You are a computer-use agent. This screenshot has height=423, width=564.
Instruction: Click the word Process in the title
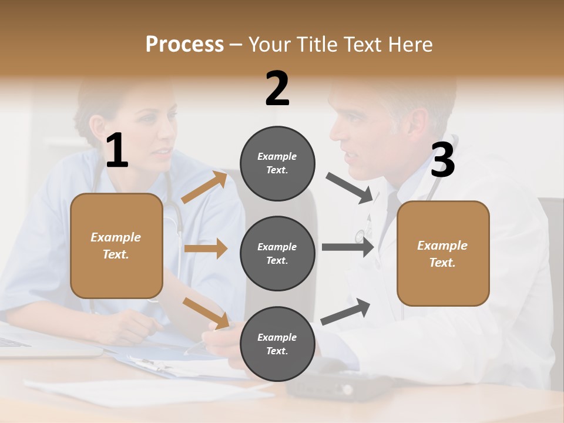(x=184, y=45)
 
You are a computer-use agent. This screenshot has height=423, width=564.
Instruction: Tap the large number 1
(x=117, y=151)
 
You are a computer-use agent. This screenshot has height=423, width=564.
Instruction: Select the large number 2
(x=277, y=89)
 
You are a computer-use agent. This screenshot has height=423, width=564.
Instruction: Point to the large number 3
(x=442, y=160)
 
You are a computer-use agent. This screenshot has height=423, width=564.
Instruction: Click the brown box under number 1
(x=116, y=246)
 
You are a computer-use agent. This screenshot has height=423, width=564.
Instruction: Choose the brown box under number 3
(x=443, y=253)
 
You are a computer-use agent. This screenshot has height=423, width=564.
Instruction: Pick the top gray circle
(x=277, y=163)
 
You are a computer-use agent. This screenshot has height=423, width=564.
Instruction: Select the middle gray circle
(x=277, y=253)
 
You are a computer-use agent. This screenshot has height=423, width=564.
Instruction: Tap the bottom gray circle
(x=277, y=344)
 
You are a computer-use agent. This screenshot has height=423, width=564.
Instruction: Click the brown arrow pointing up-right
(x=204, y=187)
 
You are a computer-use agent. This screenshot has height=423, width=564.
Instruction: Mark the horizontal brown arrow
(x=206, y=249)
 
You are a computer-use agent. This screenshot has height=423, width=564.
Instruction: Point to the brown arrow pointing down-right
(x=206, y=313)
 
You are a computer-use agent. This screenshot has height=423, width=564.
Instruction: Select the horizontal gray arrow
(x=347, y=247)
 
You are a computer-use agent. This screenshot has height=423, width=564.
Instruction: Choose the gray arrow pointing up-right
(x=345, y=312)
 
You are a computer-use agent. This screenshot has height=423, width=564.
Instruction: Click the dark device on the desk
(x=338, y=385)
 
